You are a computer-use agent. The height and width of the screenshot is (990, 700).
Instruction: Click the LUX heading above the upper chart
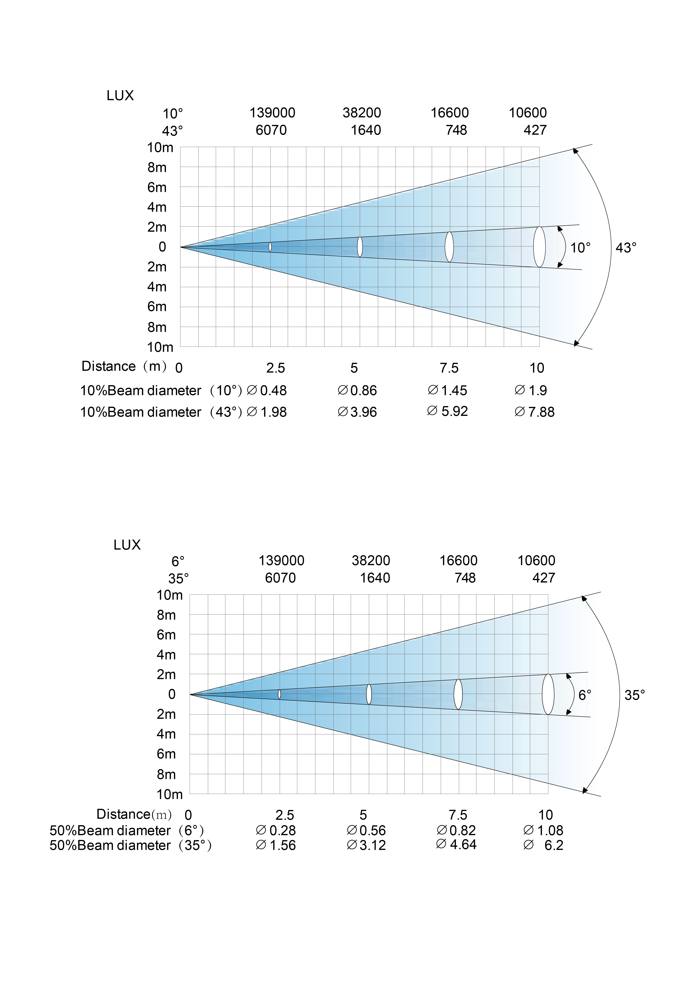(x=120, y=95)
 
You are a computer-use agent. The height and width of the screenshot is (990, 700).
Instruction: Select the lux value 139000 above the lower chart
(x=281, y=561)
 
